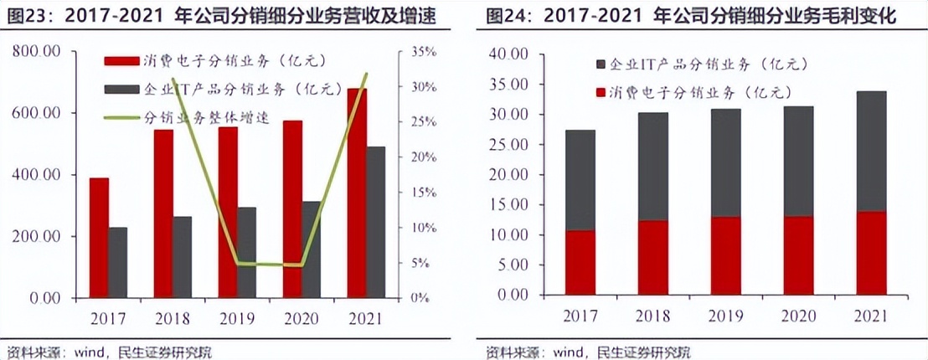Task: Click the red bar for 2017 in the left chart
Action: pyautogui.click(x=100, y=238)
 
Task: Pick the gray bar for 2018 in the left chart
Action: pyautogui.click(x=182, y=257)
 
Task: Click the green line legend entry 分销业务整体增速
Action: pyautogui.click(x=205, y=117)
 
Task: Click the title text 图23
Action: pyautogui.click(x=24, y=16)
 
